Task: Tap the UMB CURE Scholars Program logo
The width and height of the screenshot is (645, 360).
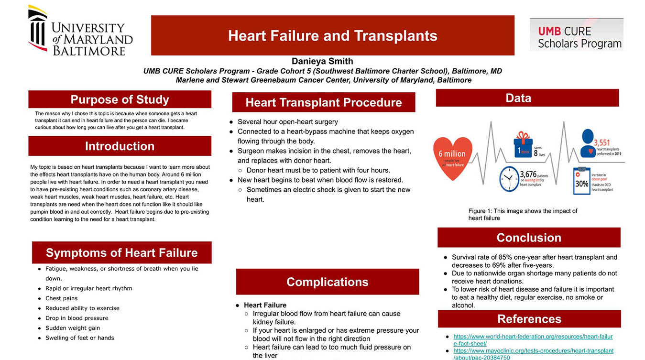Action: (576, 34)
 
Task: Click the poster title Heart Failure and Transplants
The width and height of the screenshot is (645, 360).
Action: (332, 36)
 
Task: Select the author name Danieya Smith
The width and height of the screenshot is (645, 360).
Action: (322, 61)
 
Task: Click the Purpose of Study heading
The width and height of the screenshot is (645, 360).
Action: (120, 99)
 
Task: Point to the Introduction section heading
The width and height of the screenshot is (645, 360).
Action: (120, 146)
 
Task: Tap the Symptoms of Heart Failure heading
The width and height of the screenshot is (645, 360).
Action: (121, 252)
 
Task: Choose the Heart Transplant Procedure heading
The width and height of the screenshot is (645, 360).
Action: (323, 102)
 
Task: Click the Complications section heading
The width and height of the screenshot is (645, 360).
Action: (327, 282)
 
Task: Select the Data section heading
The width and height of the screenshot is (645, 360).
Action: (518, 98)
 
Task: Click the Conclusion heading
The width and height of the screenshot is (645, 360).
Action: (528, 238)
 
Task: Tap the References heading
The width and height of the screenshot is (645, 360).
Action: (529, 319)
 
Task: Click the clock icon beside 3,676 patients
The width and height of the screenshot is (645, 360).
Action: (509, 179)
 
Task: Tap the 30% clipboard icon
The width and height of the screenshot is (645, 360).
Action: (581, 181)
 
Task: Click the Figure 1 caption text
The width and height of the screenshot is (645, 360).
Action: (523, 214)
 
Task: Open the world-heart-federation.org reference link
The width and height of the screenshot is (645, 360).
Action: (533, 337)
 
